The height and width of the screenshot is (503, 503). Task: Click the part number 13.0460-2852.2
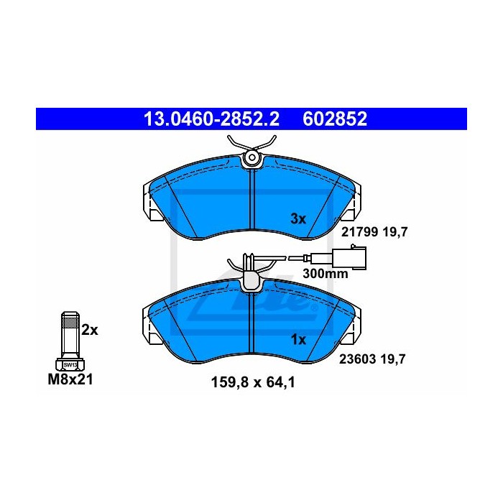(212, 119)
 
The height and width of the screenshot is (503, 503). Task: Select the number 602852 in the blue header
(335, 119)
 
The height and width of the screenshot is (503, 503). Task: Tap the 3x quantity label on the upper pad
(298, 219)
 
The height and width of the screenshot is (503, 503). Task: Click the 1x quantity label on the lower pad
(298, 340)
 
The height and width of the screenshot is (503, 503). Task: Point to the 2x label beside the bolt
(90, 330)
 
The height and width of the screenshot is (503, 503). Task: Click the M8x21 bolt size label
(70, 379)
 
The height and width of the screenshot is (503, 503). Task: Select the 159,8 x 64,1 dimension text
(253, 382)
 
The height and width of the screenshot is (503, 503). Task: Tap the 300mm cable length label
(326, 274)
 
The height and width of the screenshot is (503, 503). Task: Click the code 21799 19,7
(374, 231)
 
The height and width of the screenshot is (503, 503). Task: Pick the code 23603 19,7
(372, 359)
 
